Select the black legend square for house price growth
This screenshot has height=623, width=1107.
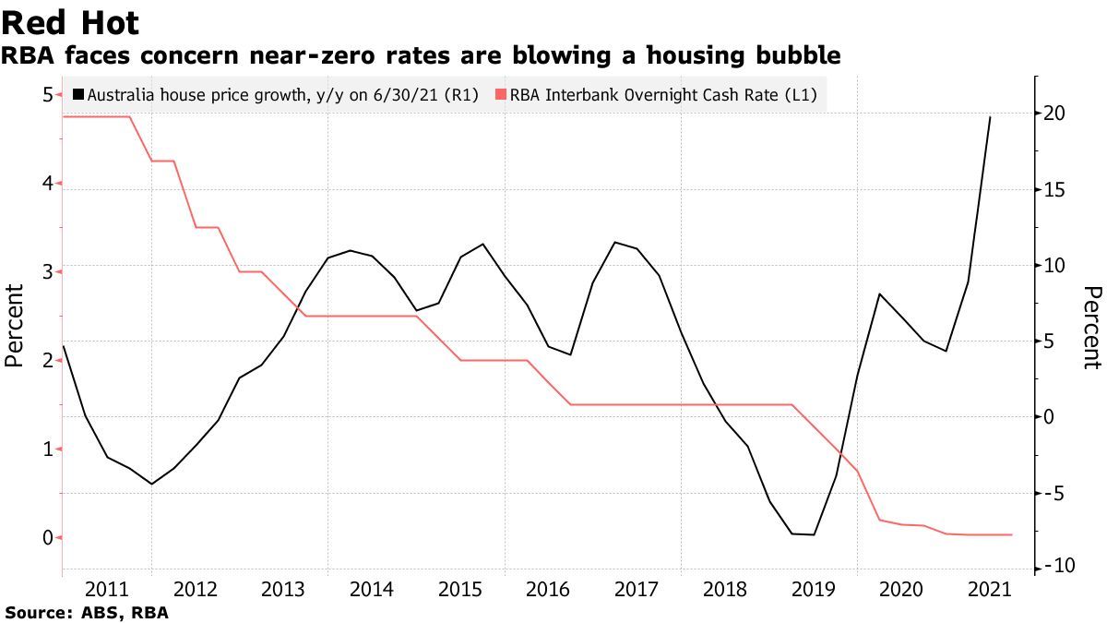[79, 94]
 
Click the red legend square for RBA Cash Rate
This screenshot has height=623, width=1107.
[502, 94]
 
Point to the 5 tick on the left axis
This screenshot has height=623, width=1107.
[46, 94]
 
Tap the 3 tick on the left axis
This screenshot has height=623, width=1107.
[46, 271]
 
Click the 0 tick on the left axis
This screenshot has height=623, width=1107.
[46, 537]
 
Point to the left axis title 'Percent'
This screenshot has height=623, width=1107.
[15, 326]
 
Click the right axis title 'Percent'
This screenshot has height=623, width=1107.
[1091, 327]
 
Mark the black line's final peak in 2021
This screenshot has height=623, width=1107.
[990, 117]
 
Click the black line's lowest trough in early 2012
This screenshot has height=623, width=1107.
[152, 484]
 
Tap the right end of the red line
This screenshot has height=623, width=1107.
[1012, 534]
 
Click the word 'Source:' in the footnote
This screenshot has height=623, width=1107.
[35, 612]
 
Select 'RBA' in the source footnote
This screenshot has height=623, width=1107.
[150, 612]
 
